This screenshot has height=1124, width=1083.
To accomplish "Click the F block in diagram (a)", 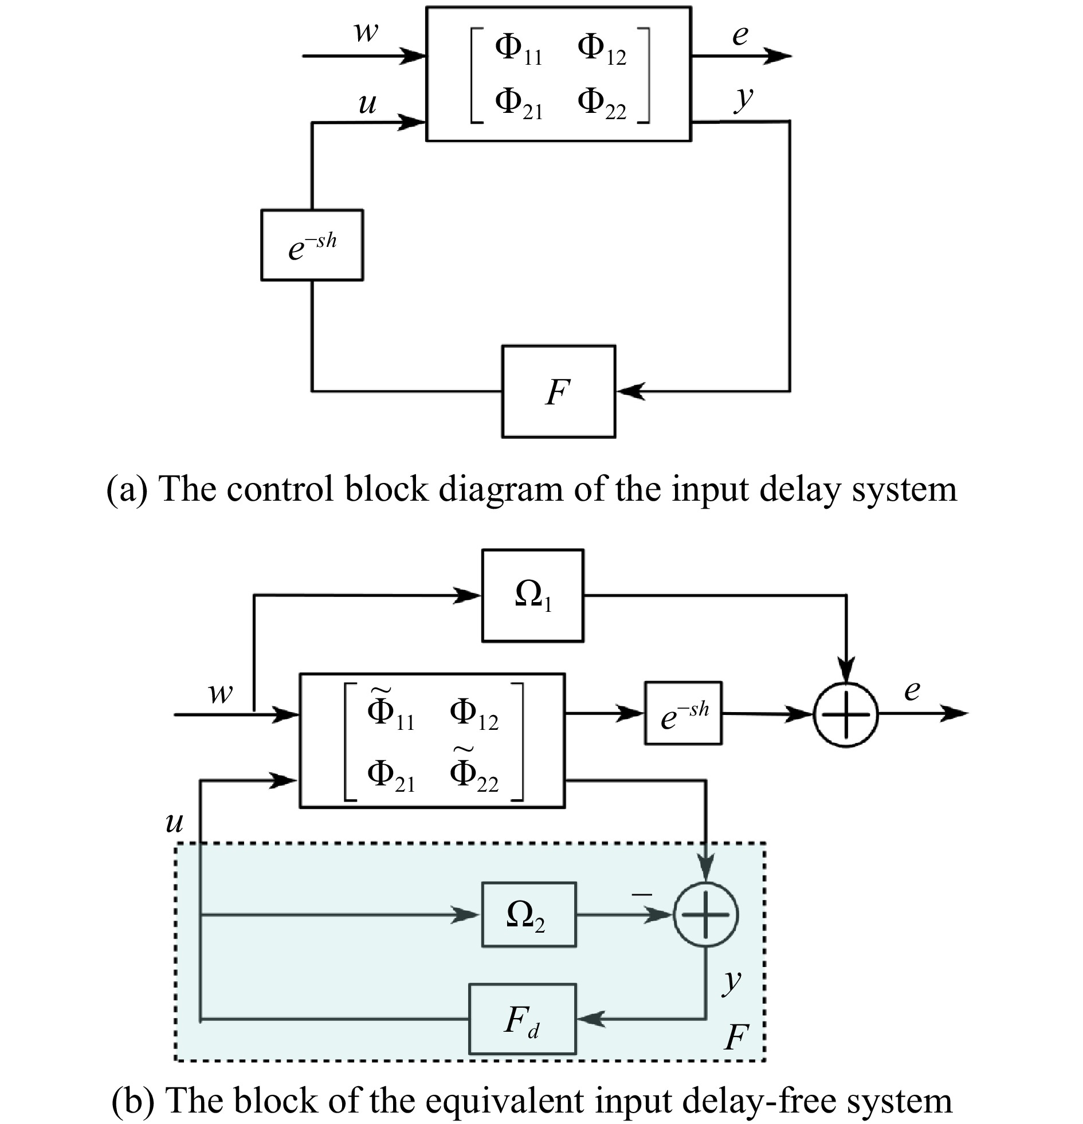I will [x=558, y=392].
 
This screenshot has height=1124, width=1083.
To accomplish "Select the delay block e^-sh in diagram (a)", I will [x=312, y=245].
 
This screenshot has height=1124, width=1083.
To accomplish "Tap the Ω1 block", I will [x=533, y=595].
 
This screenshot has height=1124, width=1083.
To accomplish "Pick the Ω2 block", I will [x=528, y=915].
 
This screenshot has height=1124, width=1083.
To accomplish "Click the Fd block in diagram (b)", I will [x=522, y=1019].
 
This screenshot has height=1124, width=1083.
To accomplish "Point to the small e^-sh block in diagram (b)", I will [x=683, y=713].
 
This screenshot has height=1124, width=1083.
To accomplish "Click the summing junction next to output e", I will [x=846, y=714].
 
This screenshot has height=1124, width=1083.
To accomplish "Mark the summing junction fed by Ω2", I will [x=705, y=915].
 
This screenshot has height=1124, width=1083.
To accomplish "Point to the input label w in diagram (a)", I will [x=366, y=32].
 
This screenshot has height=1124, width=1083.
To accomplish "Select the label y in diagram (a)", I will [x=744, y=99].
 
